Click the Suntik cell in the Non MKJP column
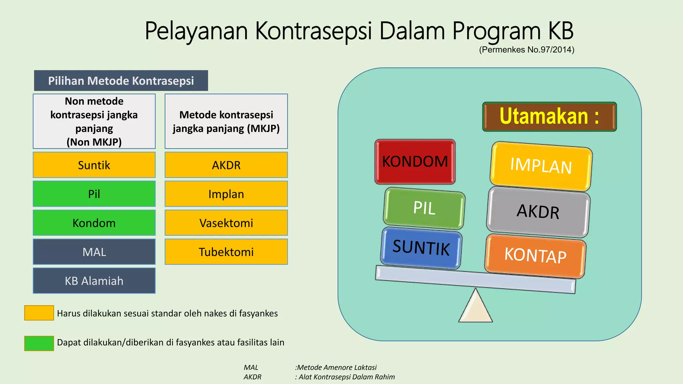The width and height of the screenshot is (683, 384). click(94, 165)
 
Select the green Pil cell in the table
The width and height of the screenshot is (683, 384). click(94, 194)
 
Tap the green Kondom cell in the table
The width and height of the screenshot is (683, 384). click(94, 223)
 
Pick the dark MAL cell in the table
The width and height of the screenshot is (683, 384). click(94, 252)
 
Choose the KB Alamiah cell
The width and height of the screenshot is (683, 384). click(94, 281)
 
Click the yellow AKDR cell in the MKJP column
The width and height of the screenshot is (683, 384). click(226, 165)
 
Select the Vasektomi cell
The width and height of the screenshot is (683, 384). click(226, 223)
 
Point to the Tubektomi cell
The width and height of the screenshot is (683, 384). click(226, 252)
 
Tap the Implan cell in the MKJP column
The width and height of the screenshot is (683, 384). click(226, 194)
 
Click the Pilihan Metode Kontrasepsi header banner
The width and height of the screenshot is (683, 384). click(121, 81)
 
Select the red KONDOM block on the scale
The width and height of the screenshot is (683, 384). click(415, 162)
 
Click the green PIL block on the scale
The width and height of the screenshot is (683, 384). click(424, 208)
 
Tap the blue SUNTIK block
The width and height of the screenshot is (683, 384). click(421, 248)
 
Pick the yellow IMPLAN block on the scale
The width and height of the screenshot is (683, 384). click(541, 166)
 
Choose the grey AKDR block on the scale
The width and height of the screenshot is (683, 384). click(538, 212)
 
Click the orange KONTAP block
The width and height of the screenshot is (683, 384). click(535, 256)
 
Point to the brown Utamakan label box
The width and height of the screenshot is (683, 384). click(549, 117)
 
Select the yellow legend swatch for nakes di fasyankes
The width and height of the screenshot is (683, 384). click(39, 313)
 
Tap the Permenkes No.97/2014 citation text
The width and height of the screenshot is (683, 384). click(527, 50)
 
